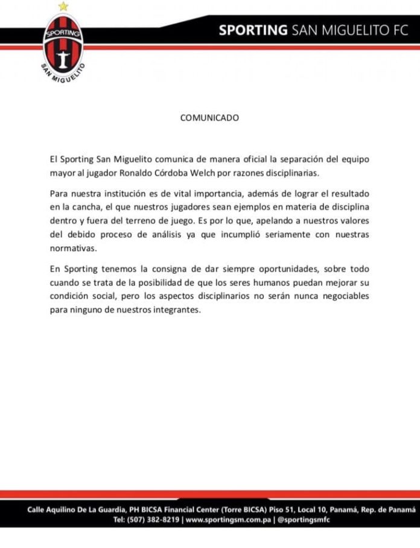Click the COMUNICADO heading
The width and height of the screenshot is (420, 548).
(209, 118)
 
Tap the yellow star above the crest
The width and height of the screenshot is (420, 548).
(63, 7)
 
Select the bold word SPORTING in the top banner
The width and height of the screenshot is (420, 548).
(253, 30)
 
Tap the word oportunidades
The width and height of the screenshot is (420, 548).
(273, 269)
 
